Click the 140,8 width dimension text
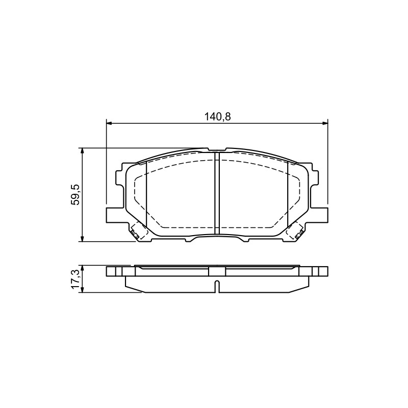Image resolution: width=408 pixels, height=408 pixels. [217, 117]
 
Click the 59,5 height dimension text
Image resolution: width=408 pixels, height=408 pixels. [76, 195]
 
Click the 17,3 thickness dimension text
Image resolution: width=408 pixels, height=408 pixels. [76, 279]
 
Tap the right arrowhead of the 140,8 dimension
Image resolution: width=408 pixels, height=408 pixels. [324, 123]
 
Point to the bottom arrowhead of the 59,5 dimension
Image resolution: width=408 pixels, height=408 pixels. [82, 238]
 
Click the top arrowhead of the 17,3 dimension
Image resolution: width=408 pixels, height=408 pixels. [82, 269]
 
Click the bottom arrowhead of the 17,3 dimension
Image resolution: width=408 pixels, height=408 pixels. [82, 289]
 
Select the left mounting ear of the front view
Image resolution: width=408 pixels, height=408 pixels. [114, 215]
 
